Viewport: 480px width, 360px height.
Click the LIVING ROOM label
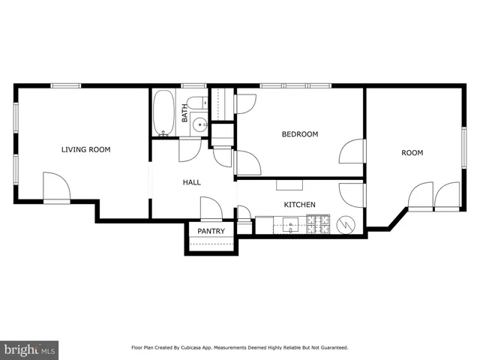pyautogui.click(x=85, y=149)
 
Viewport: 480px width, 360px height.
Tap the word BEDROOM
pyautogui.click(x=299, y=134)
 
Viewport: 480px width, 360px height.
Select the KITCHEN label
pyautogui.click(x=298, y=205)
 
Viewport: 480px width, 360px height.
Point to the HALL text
pyautogui.click(x=192, y=182)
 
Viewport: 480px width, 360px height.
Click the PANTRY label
pyautogui.click(x=211, y=232)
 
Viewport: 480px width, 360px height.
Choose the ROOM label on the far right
pyautogui.click(x=412, y=153)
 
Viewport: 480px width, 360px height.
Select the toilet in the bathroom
pyautogui.click(x=197, y=103)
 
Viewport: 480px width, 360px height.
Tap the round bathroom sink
pyautogui.click(x=199, y=124)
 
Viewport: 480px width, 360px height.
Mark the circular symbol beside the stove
pyautogui.click(x=347, y=223)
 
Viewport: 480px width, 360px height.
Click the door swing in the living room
pyautogui.click(x=55, y=187)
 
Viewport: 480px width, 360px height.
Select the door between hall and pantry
pyautogui.click(x=211, y=208)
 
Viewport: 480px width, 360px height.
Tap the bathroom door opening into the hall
pyautogui.click(x=190, y=149)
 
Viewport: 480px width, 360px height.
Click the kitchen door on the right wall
pyautogui.click(x=351, y=193)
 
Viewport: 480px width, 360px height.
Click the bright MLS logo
pyautogui.click(x=29, y=349)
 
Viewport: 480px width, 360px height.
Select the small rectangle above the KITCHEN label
pyautogui.click(x=289, y=184)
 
